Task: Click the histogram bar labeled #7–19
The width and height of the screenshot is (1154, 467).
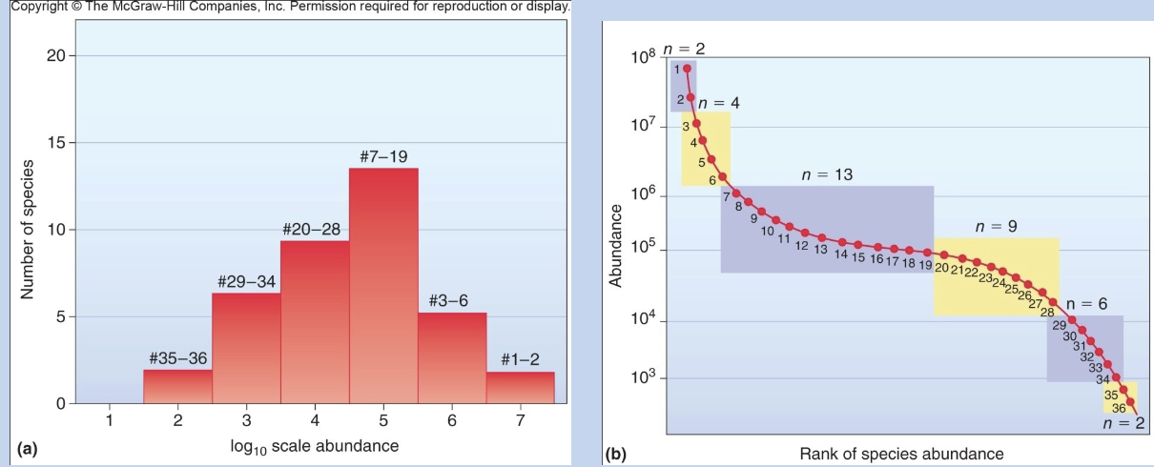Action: coord(383,286)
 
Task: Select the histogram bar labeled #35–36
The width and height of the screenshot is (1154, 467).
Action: coord(177,386)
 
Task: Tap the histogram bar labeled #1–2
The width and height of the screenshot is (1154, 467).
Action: coord(520,387)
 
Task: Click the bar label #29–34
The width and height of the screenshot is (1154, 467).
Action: coord(246,282)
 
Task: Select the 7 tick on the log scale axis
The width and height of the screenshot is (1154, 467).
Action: coord(520,419)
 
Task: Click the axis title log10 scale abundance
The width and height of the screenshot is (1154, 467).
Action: coord(315,445)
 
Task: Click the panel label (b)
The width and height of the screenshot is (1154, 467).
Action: coord(616,453)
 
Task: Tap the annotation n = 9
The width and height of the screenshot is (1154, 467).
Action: coord(996,227)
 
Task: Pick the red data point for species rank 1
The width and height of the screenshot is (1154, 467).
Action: coord(687,69)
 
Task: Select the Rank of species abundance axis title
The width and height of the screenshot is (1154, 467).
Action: coord(901,453)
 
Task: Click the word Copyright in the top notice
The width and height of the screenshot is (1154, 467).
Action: coord(35,8)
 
